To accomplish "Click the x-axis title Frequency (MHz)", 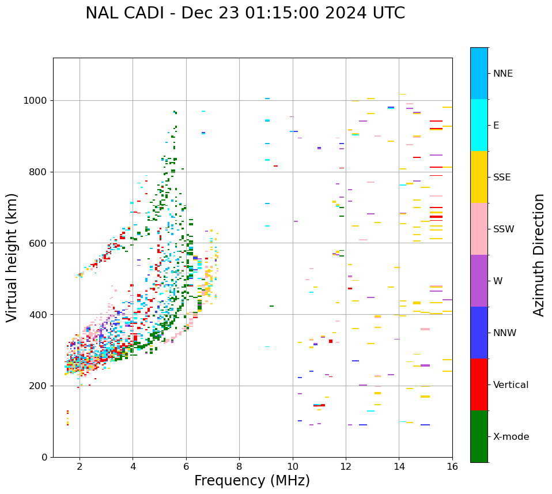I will [x=252, y=481].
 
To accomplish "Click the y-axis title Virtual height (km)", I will [x=12, y=257].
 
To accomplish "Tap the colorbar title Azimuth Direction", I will [x=539, y=255].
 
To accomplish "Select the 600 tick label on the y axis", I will [x=39, y=243].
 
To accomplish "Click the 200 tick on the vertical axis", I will [x=39, y=386].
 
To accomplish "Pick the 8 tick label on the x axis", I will [x=239, y=466].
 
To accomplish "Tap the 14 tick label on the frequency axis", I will [x=399, y=466].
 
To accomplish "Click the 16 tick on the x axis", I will [x=452, y=466].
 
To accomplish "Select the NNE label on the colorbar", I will [x=502, y=74].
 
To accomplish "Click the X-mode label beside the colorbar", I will [x=511, y=437].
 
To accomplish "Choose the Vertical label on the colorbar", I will [x=511, y=385].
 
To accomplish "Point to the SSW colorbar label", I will [x=504, y=229].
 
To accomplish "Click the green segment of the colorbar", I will [x=479, y=436].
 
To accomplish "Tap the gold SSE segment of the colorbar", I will [x=479, y=177].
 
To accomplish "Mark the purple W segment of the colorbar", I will [x=479, y=281].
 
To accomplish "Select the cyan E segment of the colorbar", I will [x=479, y=125].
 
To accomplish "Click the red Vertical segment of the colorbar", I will [x=479, y=384].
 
